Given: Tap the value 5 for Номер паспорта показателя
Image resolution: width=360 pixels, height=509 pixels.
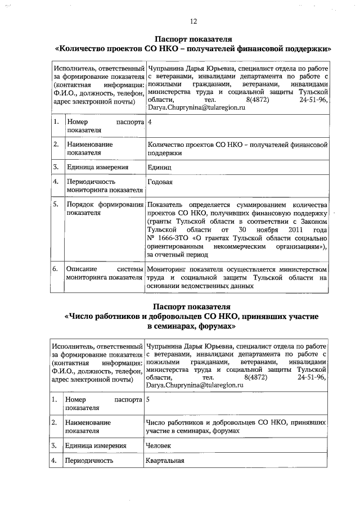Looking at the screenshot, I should tap(147, 400).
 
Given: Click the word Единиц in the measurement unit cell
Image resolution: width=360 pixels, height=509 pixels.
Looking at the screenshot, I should tap(159, 168).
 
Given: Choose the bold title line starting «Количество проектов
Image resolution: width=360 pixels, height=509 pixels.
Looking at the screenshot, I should tap(193, 48).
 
